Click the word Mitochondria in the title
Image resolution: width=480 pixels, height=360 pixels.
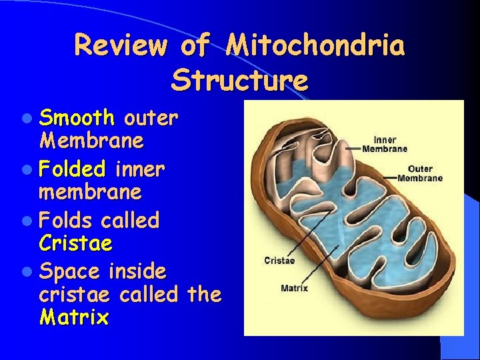coord(315,46)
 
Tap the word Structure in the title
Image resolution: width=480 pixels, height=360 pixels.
coord(239,81)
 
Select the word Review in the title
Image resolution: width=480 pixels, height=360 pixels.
coord(119,46)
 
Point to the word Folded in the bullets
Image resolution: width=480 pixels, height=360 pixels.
coord(73,169)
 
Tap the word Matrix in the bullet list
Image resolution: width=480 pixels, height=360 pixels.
coord(74,317)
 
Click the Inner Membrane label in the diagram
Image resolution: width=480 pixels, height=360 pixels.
coord(385,144)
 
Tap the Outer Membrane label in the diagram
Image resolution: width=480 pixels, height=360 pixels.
coord(420,173)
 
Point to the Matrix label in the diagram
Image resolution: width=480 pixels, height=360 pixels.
coord(294,289)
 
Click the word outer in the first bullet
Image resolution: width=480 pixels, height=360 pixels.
coord(151,119)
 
